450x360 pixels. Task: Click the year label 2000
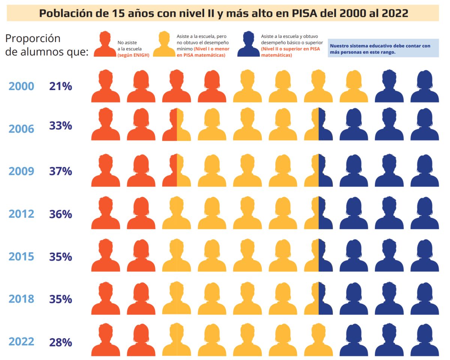pos(21,86)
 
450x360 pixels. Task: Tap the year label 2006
pos(21,129)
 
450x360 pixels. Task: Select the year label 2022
pos(21,342)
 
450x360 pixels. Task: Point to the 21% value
pos(60,86)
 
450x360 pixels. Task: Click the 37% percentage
pos(60,171)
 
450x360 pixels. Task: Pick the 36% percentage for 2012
pos(60,214)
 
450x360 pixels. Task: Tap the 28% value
pos(60,342)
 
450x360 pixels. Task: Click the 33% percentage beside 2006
pos(60,126)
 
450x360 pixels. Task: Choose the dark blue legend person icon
pos(248,44)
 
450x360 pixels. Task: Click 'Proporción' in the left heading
pos(33,38)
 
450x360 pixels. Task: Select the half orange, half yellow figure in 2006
pos(176,125)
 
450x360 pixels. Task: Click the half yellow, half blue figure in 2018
pos(318,298)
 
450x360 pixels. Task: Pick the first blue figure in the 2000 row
pos(389,86)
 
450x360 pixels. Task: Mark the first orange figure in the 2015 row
pos(105,256)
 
